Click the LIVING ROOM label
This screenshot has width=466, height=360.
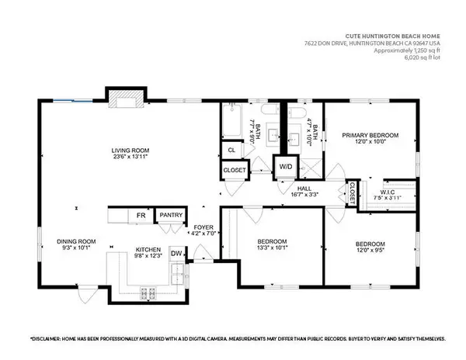point(130,151)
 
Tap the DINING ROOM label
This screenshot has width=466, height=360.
point(75,241)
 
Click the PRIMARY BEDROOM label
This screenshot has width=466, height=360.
point(370,136)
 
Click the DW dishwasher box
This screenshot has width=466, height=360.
point(176,252)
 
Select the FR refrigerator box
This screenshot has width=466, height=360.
point(142,216)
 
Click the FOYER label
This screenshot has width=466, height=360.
point(203,228)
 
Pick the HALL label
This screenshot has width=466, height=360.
point(304,188)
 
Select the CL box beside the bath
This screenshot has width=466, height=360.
point(231,151)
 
